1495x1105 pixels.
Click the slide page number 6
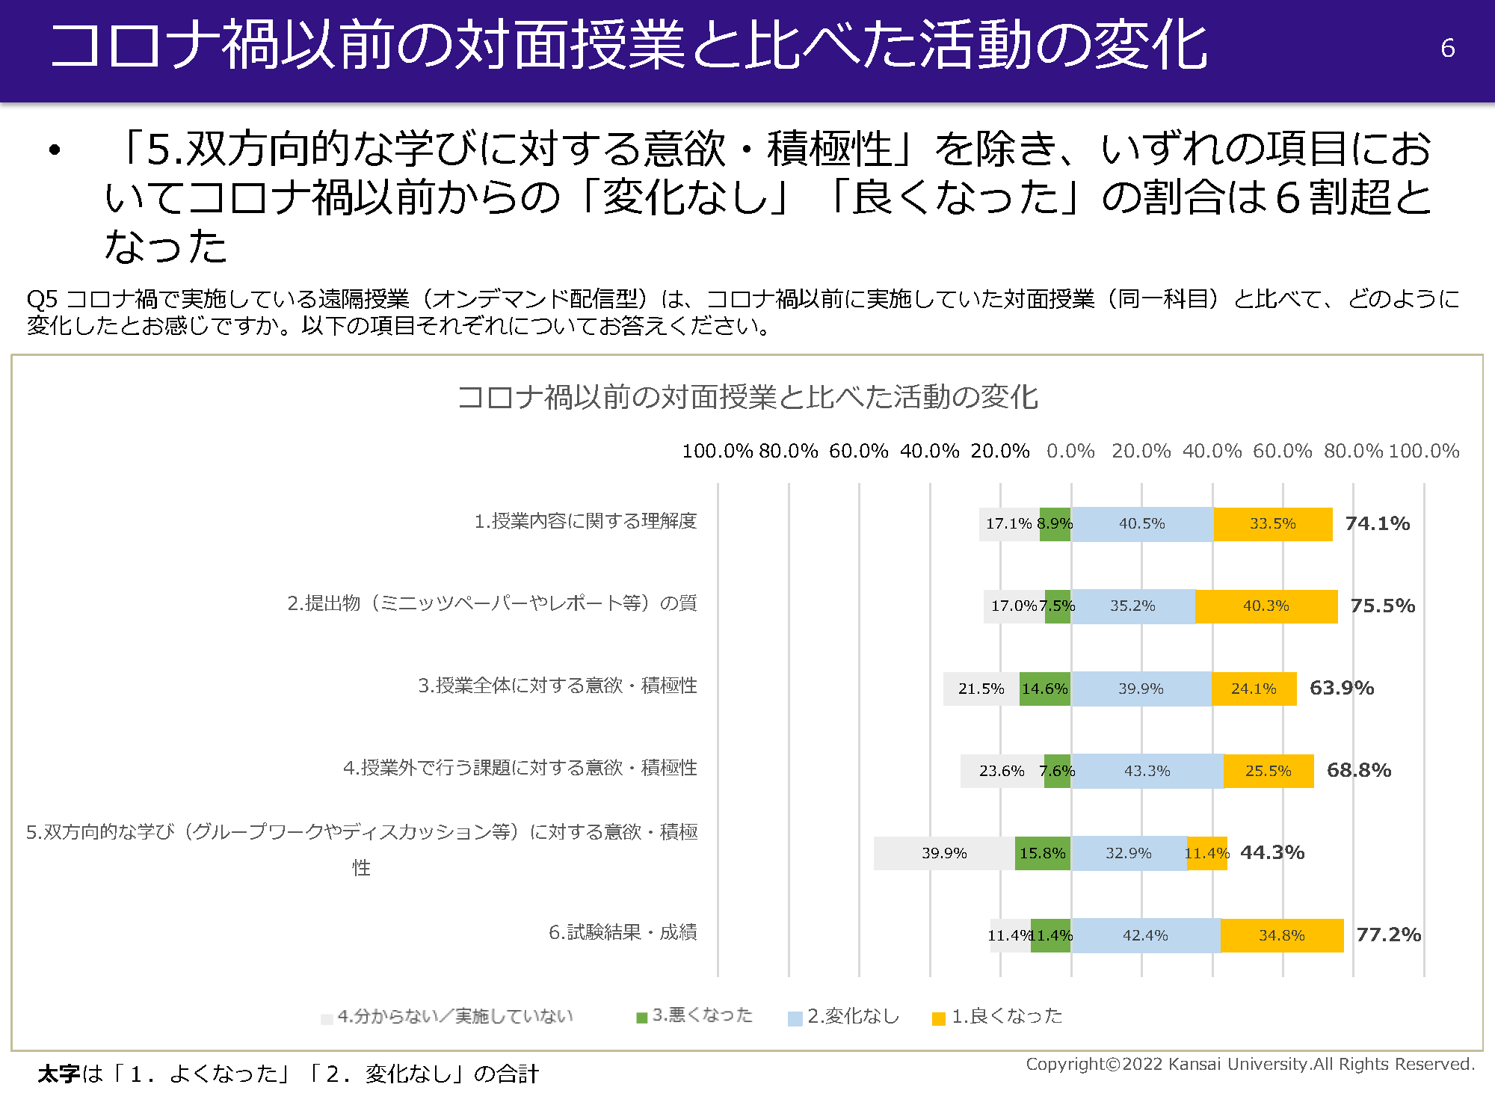pos(1447,48)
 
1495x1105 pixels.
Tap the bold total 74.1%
pos(1377,523)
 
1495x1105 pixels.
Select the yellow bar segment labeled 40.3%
pos(1266,606)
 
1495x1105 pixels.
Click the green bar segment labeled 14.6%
pos(1044,689)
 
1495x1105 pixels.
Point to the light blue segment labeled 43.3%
pos(1147,771)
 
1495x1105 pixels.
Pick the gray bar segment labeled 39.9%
pos(944,853)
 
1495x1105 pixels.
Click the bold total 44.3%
pos(1272,852)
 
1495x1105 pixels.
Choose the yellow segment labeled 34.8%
pos(1281,935)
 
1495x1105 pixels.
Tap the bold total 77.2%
pos(1388,935)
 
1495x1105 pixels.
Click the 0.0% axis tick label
pos(1070,451)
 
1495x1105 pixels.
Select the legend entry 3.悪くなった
pos(694,1015)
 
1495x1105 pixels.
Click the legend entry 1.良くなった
pos(998,1016)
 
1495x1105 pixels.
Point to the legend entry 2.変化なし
pos(844,1016)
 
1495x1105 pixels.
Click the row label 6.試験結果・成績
pos(623,932)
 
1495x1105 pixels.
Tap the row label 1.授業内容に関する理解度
pos(585,521)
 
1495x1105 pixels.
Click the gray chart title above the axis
pos(747,397)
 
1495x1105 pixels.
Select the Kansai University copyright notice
pos(1250,1064)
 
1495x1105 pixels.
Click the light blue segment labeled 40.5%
pos(1141,523)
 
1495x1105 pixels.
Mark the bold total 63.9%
pos(1342,688)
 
